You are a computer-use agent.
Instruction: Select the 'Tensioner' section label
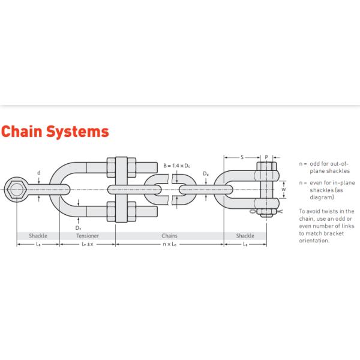88,236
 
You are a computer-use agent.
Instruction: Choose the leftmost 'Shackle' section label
38,236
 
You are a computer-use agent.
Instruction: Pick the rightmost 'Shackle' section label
245,236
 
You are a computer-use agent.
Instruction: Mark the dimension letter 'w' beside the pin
284,187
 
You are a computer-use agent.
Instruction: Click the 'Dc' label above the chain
205,174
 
